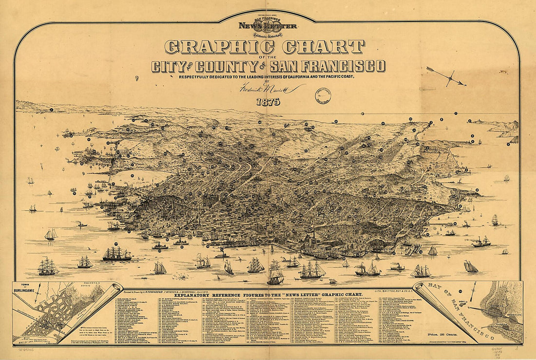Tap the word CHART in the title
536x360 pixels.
323,47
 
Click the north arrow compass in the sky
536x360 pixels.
449,76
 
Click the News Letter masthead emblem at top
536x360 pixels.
268,27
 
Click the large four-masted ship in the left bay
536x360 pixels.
117,254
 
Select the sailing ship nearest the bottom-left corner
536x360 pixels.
48,266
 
